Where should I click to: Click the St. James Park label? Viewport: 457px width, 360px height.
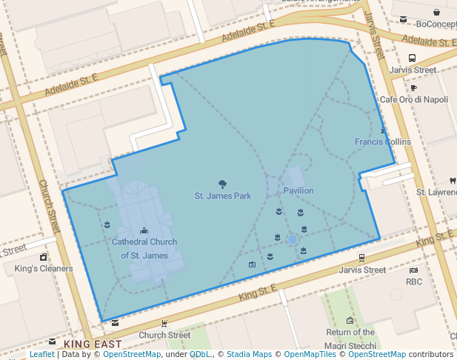point(222,196)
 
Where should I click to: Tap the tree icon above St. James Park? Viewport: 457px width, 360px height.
point(222,184)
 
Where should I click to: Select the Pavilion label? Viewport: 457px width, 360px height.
point(298,191)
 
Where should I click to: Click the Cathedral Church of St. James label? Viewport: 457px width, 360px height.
point(144,249)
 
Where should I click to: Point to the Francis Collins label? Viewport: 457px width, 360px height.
point(382,142)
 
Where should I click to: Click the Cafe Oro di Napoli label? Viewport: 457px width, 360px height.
point(414,99)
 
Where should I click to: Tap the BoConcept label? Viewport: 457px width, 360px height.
point(436,24)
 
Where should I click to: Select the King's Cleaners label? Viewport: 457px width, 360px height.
point(44,268)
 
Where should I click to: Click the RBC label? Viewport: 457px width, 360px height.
point(413,281)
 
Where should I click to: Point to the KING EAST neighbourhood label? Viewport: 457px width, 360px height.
point(93,344)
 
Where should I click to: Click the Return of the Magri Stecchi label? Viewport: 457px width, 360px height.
point(350,337)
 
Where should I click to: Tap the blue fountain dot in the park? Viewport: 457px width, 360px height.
point(293,240)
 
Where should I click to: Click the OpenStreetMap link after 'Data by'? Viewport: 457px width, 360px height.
point(132,355)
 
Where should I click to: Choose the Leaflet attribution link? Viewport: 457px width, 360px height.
point(41,355)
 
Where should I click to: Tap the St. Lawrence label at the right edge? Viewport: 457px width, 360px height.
point(436,192)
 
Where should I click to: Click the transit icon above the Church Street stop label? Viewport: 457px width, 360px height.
point(164,324)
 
